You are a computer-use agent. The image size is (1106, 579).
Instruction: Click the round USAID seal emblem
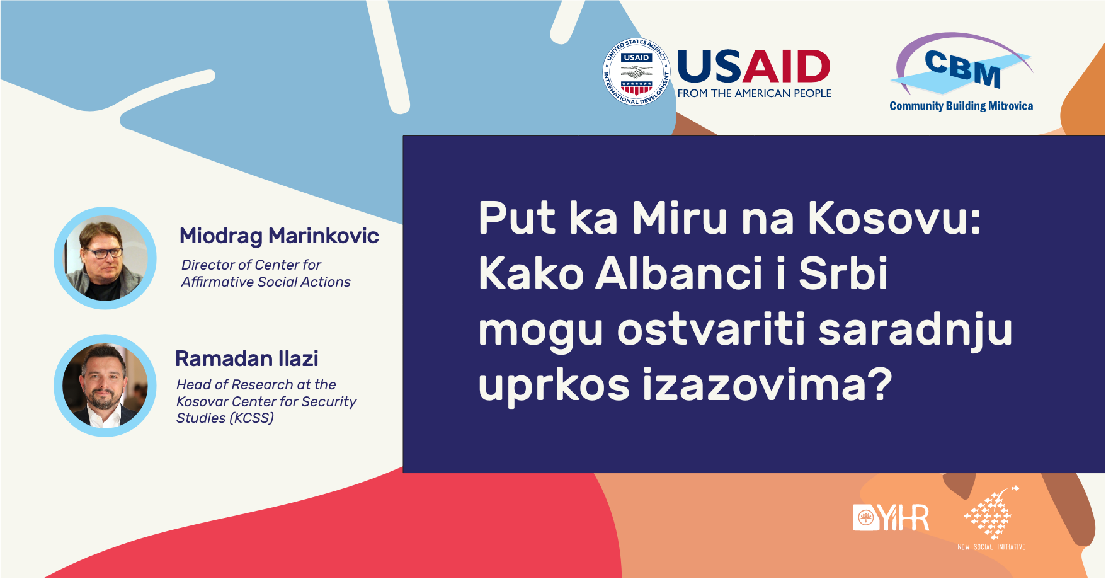[x=637, y=72]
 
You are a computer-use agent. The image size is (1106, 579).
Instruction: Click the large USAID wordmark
[x=754, y=67]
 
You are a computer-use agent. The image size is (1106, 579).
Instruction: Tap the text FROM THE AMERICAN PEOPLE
[x=755, y=93]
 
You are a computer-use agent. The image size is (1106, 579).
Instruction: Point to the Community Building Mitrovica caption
[x=961, y=106]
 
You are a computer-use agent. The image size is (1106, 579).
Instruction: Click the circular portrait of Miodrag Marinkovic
[x=105, y=258]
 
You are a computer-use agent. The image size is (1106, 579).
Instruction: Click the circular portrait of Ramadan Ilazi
[x=105, y=386]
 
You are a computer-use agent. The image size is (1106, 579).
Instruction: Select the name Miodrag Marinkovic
[x=279, y=236]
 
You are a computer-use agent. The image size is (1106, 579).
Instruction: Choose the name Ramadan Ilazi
[x=247, y=358]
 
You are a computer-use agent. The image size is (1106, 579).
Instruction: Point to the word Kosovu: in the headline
[x=894, y=218]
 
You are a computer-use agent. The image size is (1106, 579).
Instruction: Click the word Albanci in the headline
[x=679, y=273]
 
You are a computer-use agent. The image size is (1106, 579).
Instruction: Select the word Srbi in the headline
[x=843, y=273]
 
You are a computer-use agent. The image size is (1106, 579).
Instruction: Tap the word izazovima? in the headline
[x=767, y=384]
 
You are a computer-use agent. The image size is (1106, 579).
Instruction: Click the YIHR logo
[x=891, y=518]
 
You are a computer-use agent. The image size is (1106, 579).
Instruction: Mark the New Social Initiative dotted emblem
[x=991, y=512]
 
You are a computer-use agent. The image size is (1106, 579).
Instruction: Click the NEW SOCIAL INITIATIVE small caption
[x=991, y=547]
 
